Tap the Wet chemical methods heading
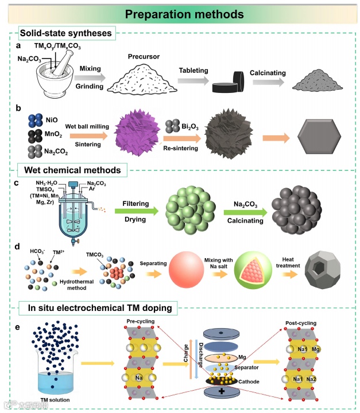69,170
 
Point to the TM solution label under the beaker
50,397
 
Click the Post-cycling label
303,322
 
